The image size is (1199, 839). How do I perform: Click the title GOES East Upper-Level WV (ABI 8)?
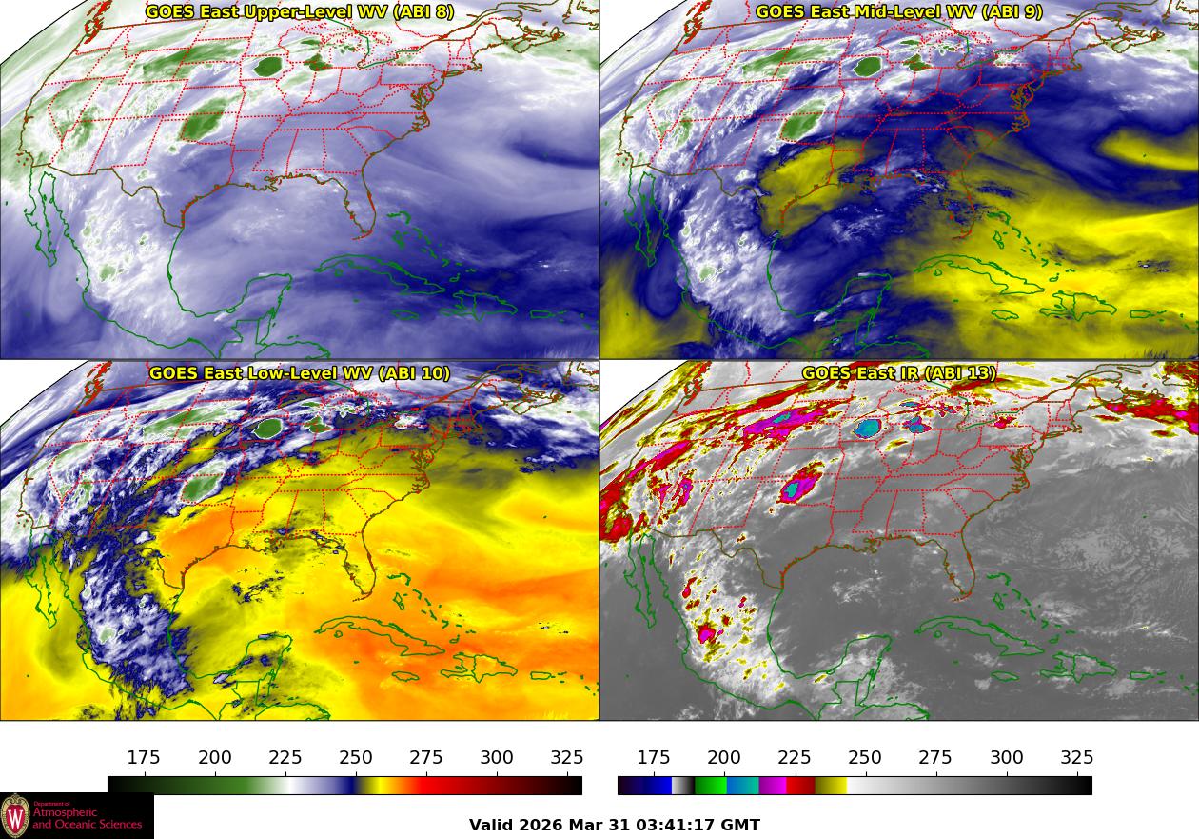point(300,12)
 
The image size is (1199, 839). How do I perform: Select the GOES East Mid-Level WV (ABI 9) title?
point(899,12)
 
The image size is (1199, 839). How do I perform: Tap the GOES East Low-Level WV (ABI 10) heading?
point(300,373)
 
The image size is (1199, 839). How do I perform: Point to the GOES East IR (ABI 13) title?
point(899,373)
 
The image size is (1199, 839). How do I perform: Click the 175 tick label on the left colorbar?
point(144,758)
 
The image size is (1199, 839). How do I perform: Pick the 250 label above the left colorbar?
point(356,758)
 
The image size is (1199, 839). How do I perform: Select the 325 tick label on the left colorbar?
point(567,758)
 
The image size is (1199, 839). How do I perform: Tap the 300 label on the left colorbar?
point(497,758)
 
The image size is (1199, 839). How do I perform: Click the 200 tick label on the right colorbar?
point(724,758)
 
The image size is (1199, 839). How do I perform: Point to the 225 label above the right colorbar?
point(795,758)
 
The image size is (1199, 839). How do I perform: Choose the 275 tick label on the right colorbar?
point(935,758)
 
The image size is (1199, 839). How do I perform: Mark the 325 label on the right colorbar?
point(1077,758)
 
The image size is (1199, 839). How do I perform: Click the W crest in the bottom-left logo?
point(15,816)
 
